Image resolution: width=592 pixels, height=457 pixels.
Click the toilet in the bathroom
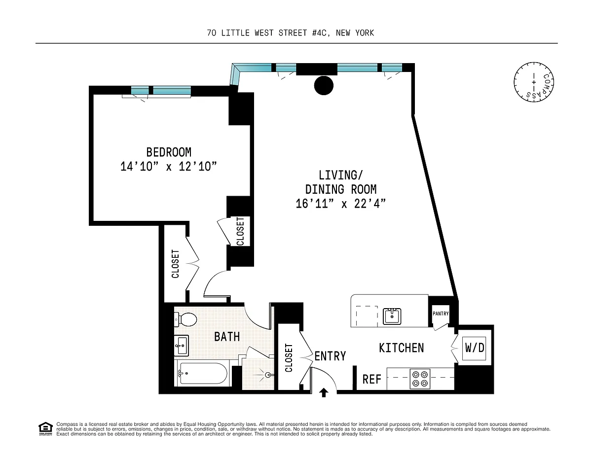(x=185, y=319)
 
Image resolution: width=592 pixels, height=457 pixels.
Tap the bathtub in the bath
(x=202, y=373)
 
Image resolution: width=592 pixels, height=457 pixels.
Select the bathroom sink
(x=182, y=346)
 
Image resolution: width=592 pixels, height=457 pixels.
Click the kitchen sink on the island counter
(x=392, y=316)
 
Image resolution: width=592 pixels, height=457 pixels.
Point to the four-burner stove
(x=420, y=379)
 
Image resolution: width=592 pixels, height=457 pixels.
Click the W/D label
(x=475, y=348)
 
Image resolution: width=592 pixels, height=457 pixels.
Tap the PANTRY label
(x=441, y=314)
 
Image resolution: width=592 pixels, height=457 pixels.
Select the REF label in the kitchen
(x=372, y=379)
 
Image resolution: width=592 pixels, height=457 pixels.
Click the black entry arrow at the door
(x=324, y=393)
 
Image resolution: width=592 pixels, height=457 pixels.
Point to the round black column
(x=324, y=85)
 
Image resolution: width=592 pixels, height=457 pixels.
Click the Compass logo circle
(x=534, y=82)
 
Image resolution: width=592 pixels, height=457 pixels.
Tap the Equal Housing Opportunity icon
(x=45, y=429)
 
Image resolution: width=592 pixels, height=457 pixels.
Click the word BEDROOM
(x=169, y=152)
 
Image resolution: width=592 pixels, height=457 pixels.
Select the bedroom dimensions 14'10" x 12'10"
(x=169, y=166)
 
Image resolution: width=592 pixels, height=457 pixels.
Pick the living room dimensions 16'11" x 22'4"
(x=341, y=204)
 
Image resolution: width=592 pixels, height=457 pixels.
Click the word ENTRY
(x=330, y=356)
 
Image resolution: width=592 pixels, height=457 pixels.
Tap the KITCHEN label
(x=401, y=348)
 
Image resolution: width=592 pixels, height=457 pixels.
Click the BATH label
(x=227, y=337)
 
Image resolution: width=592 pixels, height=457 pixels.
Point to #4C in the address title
(x=322, y=33)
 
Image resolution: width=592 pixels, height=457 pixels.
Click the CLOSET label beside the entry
(x=289, y=357)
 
